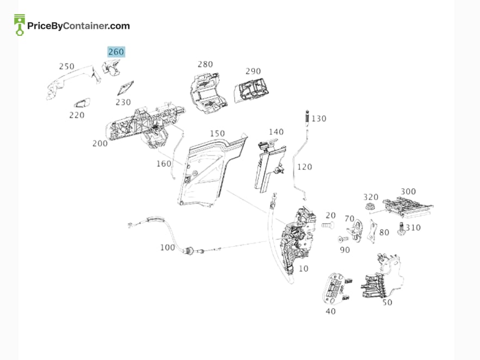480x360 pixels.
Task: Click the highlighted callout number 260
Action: (x=116, y=52)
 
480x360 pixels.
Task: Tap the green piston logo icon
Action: (x=20, y=25)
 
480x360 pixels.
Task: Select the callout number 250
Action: (x=67, y=66)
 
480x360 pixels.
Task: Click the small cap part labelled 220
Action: (x=82, y=103)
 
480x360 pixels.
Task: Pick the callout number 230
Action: (x=123, y=102)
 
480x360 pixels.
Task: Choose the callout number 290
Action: (x=253, y=71)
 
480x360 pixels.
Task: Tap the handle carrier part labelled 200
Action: (x=144, y=126)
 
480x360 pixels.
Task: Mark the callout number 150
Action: (x=217, y=134)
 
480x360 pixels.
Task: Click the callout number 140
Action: (x=276, y=132)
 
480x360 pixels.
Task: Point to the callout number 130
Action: (x=319, y=119)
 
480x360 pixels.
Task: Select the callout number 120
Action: (x=305, y=167)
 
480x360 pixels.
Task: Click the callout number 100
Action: (x=168, y=247)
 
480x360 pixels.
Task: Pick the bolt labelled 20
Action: (x=327, y=226)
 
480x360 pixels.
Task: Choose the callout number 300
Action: (x=408, y=192)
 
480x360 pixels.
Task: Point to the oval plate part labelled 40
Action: (x=336, y=289)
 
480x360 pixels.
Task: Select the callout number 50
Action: (x=387, y=302)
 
